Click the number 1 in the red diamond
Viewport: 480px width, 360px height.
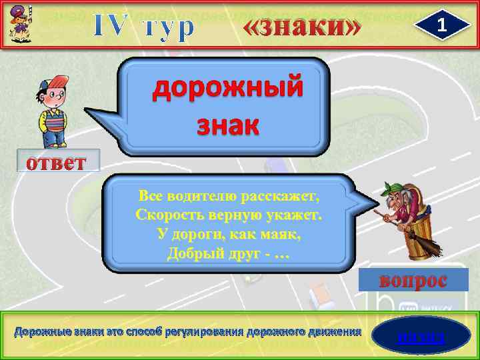[x=440, y=25]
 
